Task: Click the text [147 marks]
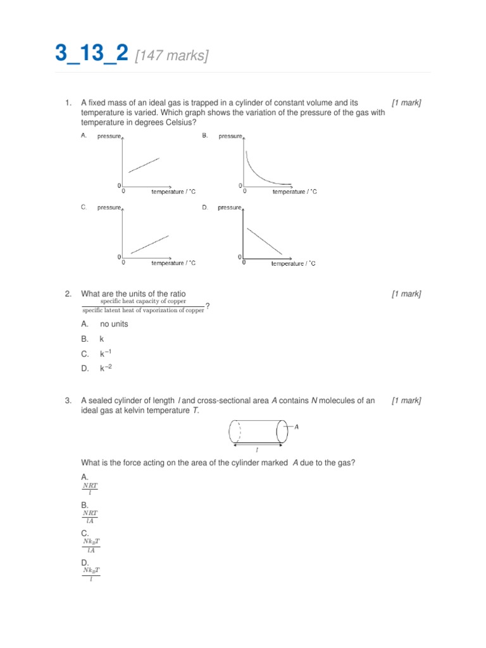[171, 56]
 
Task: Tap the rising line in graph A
[144, 165]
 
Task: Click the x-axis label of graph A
[173, 191]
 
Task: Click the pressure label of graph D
[230, 207]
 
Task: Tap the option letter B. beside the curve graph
[205, 135]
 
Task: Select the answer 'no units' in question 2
[114, 324]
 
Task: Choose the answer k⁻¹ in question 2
[105, 353]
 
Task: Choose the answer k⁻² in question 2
[105, 368]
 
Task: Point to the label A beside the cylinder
[296, 427]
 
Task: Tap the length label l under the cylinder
[256, 450]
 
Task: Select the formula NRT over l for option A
[90, 489]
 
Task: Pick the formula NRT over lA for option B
[90, 516]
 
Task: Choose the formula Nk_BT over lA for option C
[92, 545]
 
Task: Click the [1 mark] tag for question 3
[406, 401]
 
